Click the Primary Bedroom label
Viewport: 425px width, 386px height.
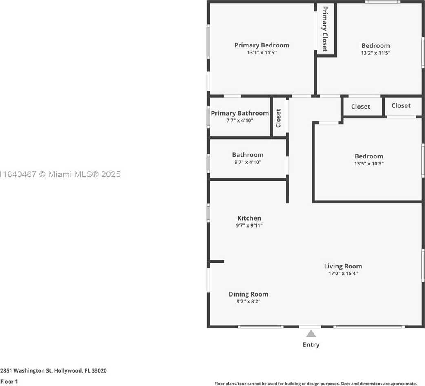pyautogui.click(x=261, y=45)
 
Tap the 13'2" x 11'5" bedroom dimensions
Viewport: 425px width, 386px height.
pyautogui.click(x=375, y=53)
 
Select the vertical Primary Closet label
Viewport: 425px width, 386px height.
pyautogui.click(x=325, y=29)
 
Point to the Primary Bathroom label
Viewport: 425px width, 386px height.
pyautogui.click(x=240, y=113)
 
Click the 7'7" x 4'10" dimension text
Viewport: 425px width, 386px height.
pyautogui.click(x=240, y=120)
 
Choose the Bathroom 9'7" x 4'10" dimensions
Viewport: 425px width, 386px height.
pyautogui.click(x=248, y=162)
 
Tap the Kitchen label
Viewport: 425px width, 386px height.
pyautogui.click(x=249, y=218)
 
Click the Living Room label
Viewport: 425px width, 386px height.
pyautogui.click(x=343, y=266)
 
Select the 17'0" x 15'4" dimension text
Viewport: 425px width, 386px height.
pyautogui.click(x=343, y=274)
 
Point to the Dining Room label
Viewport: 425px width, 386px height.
pyautogui.click(x=248, y=294)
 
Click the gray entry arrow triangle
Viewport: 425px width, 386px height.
pyautogui.click(x=311, y=334)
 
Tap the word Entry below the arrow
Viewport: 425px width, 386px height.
pyautogui.click(x=311, y=345)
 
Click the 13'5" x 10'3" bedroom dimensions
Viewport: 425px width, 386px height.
pyautogui.click(x=369, y=164)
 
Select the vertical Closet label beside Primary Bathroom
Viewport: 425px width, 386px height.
pyautogui.click(x=278, y=118)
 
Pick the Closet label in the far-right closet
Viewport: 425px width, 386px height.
pyautogui.click(x=401, y=106)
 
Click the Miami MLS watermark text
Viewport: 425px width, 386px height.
pyautogui.click(x=60, y=174)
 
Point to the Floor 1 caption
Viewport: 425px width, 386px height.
pyautogui.click(x=9, y=382)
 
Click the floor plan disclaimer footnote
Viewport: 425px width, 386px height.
pyautogui.click(x=316, y=384)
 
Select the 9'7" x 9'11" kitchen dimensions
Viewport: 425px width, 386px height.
pyautogui.click(x=249, y=225)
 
